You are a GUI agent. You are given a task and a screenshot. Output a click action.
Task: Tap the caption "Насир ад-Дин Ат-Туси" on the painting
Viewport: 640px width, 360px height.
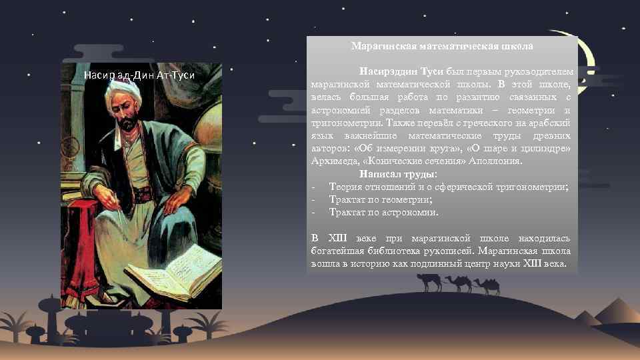click(139, 75)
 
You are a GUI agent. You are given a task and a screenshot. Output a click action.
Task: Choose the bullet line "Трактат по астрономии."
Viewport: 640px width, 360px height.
click(384, 213)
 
